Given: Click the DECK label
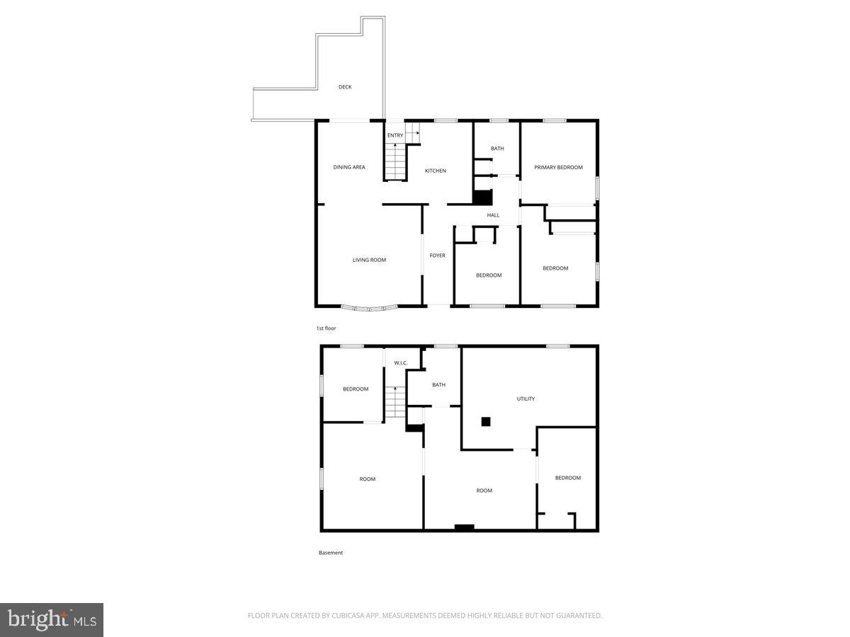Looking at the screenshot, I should [345, 87].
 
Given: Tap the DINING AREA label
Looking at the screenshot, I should [349, 167].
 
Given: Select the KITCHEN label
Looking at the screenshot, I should [436, 171].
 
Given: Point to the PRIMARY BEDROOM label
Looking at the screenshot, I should [558, 167].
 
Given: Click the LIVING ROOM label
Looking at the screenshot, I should [369, 260].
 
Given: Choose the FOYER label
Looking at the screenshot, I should [438, 255].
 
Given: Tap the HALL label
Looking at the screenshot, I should [493, 215].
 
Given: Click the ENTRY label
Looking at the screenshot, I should [395, 135].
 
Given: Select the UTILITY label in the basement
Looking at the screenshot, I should [526, 398].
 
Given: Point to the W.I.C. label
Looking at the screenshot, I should [400, 363].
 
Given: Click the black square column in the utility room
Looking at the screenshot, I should [486, 421].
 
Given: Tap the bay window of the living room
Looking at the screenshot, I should [369, 308].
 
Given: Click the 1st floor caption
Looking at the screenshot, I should [326, 328].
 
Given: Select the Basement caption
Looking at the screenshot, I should [331, 553].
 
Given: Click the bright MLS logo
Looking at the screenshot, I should [52, 620].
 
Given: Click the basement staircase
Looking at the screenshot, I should [395, 402].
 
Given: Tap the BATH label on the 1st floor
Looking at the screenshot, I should [497, 149].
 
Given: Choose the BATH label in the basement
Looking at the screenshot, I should [439, 385].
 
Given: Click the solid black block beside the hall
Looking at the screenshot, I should [482, 197].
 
